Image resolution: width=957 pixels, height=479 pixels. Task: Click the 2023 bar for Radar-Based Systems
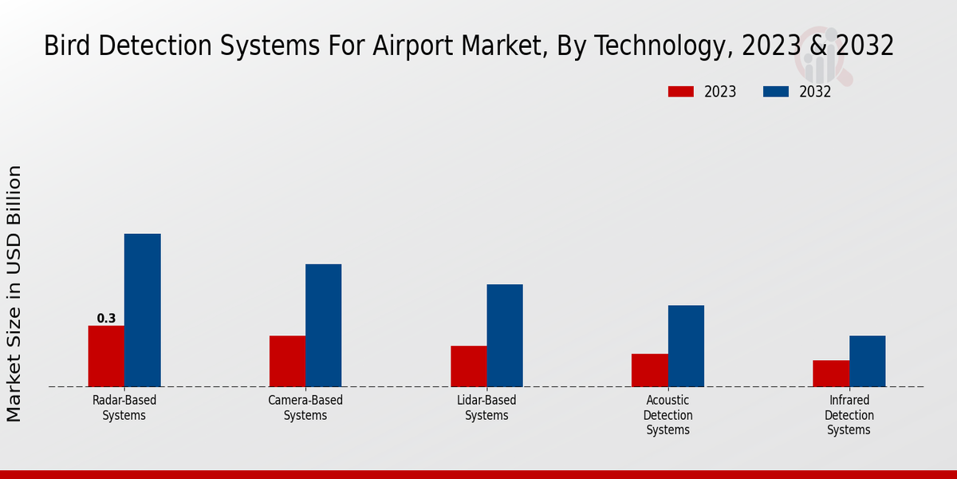(x=106, y=356)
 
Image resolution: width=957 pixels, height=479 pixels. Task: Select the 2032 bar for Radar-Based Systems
(x=142, y=311)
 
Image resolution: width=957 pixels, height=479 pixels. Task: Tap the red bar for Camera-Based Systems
(x=287, y=361)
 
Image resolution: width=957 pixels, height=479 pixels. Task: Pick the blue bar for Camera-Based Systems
(x=323, y=326)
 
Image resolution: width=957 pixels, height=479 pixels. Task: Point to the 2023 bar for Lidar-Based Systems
(x=468, y=366)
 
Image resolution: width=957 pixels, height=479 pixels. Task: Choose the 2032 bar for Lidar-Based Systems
(x=505, y=335)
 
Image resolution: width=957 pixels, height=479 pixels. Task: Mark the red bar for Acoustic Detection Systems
(x=649, y=370)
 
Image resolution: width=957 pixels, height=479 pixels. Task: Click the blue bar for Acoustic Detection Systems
(x=686, y=346)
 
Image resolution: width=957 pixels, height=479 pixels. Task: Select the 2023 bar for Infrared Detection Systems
(x=831, y=374)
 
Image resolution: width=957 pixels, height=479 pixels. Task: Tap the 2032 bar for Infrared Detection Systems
(x=867, y=361)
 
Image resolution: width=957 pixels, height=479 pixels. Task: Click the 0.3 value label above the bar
(x=106, y=319)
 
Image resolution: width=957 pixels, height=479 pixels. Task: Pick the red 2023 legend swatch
(x=680, y=92)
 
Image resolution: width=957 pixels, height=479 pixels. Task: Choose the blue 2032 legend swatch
(x=775, y=92)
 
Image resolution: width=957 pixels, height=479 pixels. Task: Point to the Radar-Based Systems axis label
(x=124, y=408)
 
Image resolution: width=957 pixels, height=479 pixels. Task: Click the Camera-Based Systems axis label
(x=305, y=408)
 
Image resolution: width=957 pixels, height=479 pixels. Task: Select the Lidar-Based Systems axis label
(x=486, y=408)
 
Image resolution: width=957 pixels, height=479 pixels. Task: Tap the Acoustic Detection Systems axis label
(x=668, y=415)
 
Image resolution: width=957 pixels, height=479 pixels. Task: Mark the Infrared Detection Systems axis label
(x=849, y=415)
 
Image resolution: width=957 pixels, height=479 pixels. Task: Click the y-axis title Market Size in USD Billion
(x=14, y=293)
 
